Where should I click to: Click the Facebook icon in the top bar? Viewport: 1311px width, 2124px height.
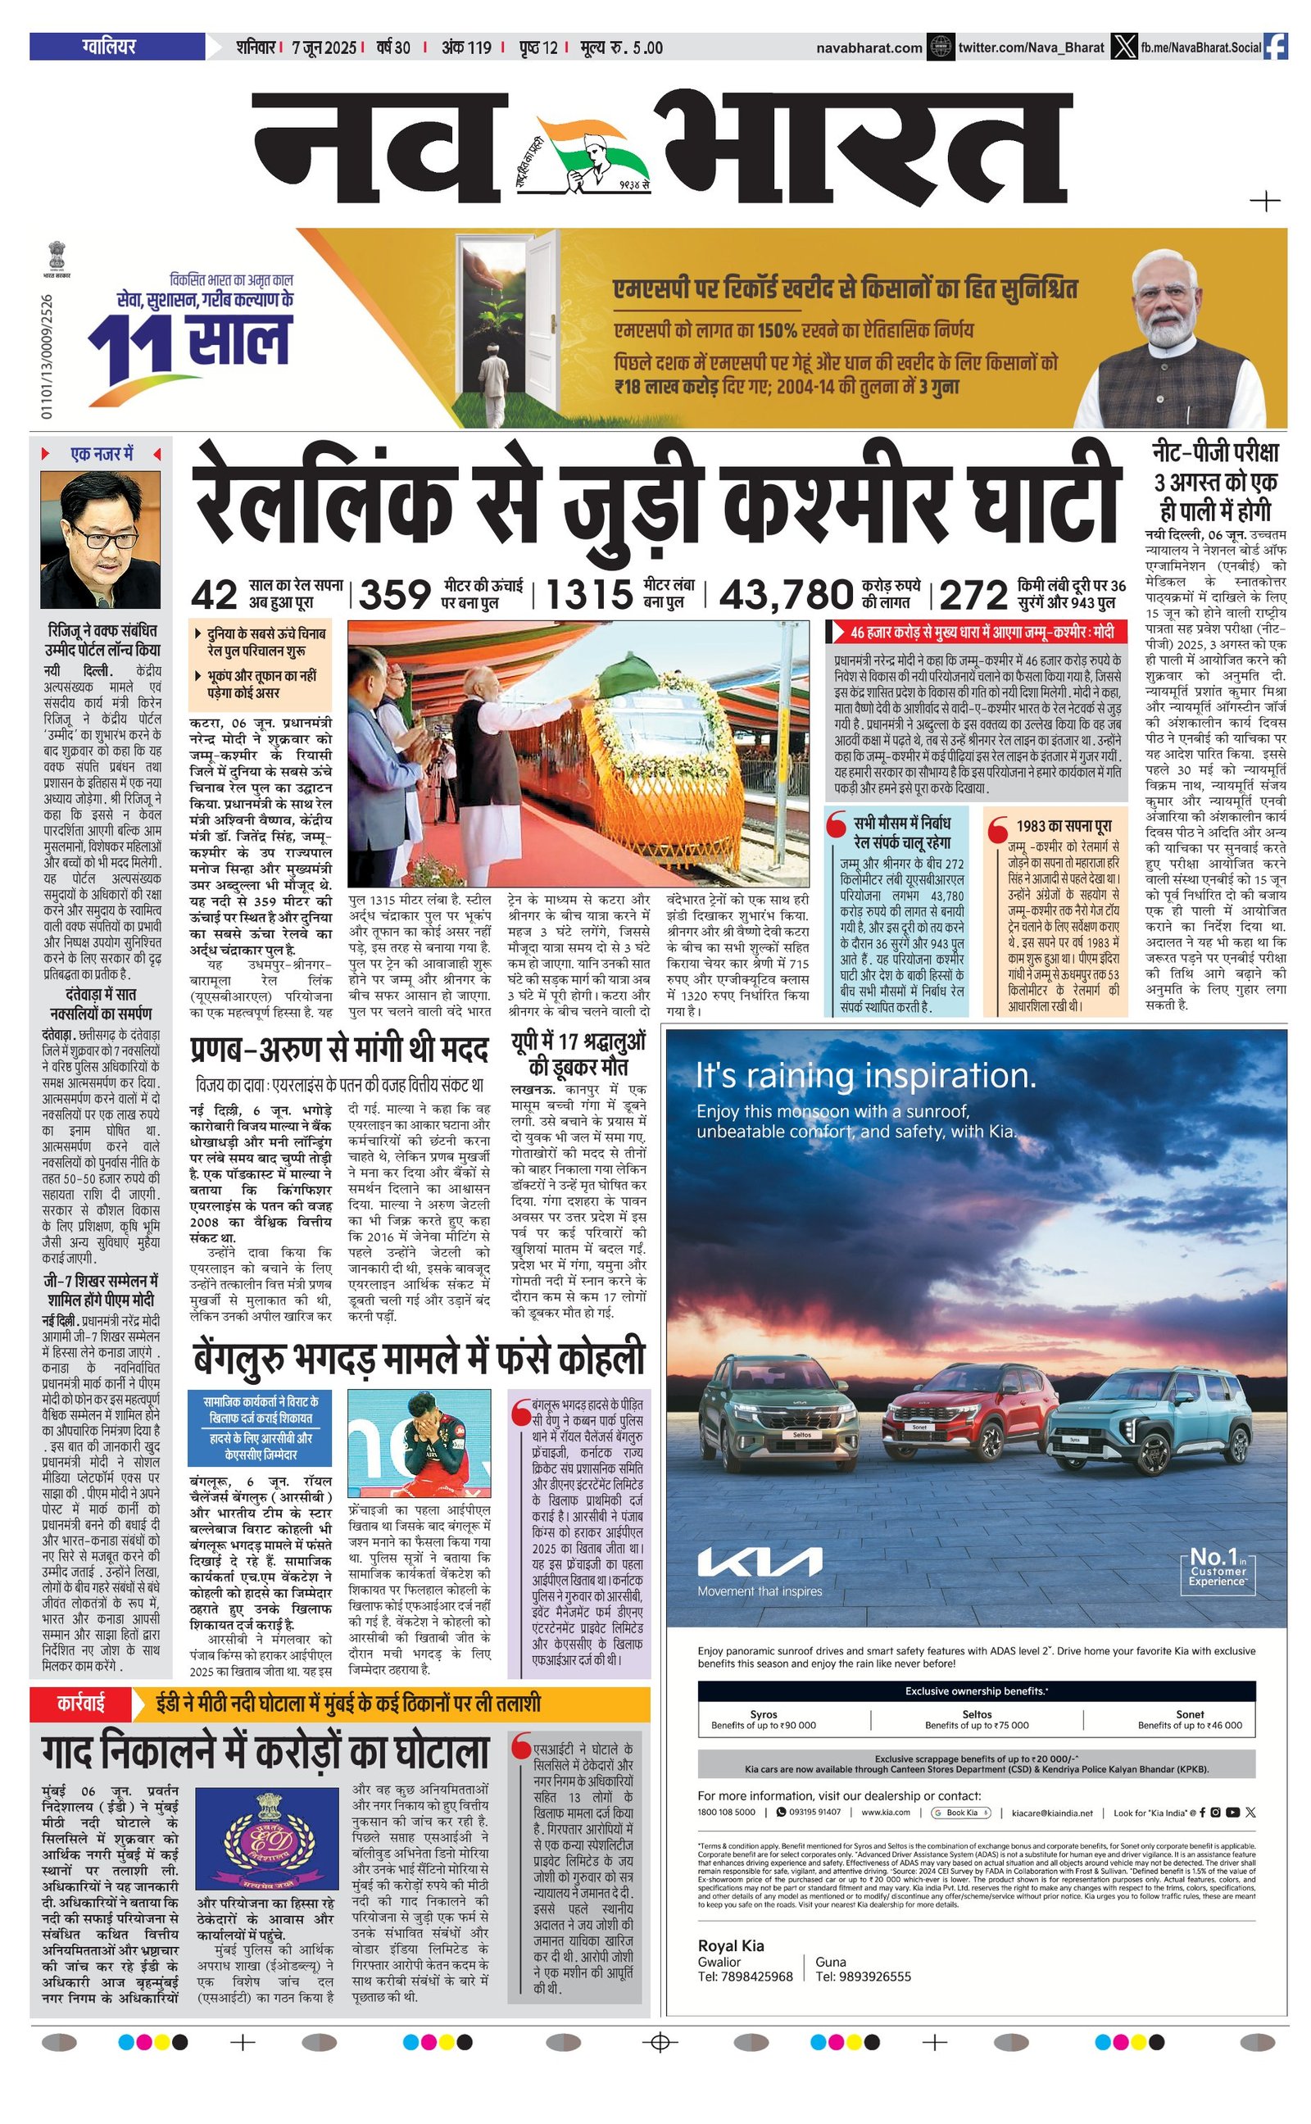coord(1276,47)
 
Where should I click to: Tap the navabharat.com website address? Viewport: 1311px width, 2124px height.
coord(869,48)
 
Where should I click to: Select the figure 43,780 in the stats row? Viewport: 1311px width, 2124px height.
coord(787,596)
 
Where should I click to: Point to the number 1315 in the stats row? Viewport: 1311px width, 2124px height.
coord(589,596)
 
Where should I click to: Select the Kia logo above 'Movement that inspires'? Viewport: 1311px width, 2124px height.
coord(760,1561)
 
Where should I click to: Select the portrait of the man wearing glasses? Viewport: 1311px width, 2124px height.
coord(101,539)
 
